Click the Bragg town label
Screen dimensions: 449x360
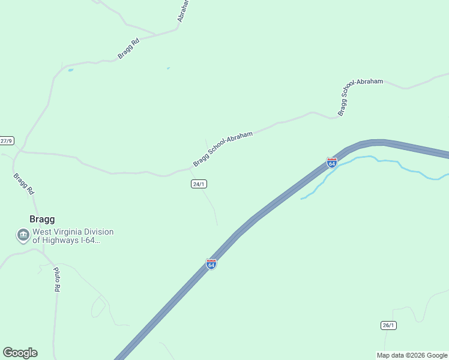[x=42, y=219]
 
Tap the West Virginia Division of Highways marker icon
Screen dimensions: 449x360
[x=23, y=235]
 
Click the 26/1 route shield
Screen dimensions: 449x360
[x=388, y=325]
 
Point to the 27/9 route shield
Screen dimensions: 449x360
[x=6, y=141]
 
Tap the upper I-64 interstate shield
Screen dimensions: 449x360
[x=332, y=163]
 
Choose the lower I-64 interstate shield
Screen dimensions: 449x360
[x=211, y=264]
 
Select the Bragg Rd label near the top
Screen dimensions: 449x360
[x=128, y=49]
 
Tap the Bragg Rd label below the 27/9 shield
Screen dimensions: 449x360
[x=23, y=184]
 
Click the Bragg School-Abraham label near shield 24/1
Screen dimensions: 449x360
[x=223, y=149]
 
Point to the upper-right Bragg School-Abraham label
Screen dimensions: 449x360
[x=360, y=97]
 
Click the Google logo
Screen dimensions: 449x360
[x=20, y=353]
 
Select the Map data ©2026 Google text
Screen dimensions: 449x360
[x=412, y=355]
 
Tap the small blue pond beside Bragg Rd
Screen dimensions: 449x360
[x=70, y=70]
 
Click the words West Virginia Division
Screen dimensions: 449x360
[x=73, y=232]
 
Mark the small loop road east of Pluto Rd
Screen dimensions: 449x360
[x=98, y=307]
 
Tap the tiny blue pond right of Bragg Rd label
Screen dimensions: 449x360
[x=168, y=68]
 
